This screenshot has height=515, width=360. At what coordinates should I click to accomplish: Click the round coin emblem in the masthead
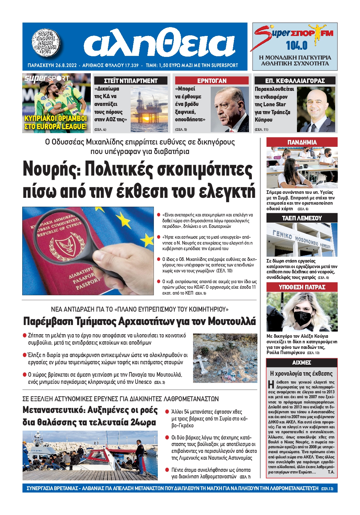[x=46, y=43]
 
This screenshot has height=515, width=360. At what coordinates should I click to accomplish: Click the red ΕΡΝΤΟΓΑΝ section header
[x=212, y=81]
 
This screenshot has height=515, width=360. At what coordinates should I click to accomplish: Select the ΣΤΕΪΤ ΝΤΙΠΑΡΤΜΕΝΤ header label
[x=131, y=81]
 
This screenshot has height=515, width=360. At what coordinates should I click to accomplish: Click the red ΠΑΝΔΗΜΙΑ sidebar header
[x=302, y=142]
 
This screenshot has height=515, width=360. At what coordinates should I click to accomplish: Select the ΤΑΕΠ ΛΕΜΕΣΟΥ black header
[x=302, y=218]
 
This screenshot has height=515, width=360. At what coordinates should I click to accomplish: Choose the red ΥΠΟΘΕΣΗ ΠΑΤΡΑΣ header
[x=302, y=287]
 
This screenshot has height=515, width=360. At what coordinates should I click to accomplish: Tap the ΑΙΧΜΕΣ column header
[x=302, y=363]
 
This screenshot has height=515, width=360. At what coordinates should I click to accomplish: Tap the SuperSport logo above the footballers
[x=47, y=78]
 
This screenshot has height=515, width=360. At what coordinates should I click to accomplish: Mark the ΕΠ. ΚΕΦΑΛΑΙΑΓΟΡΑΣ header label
[x=295, y=81]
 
